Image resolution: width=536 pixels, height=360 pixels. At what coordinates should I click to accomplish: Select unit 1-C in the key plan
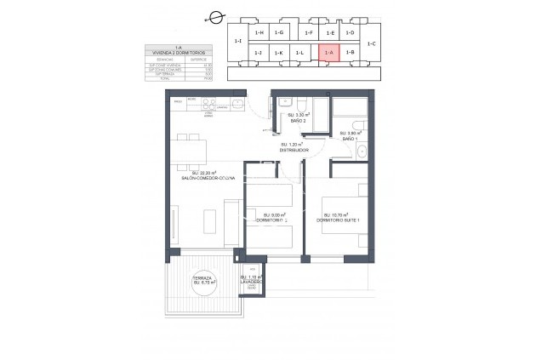point(373,43)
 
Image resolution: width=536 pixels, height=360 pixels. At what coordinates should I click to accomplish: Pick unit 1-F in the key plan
point(308,32)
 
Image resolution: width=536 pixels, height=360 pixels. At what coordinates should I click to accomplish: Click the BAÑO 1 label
point(347,138)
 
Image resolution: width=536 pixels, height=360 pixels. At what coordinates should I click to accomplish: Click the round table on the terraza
point(202,285)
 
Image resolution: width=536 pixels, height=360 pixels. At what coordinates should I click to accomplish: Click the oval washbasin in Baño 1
point(362,151)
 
